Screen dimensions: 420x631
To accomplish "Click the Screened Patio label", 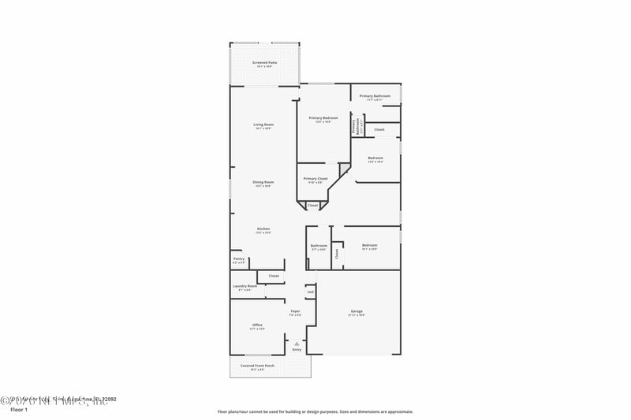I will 264,62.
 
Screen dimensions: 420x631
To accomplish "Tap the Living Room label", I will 263,125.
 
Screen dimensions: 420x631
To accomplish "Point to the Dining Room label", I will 263,182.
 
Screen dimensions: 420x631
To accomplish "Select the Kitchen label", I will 263,229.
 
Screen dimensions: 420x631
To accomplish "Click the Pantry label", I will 239,258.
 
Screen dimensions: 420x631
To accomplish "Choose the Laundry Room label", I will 245,286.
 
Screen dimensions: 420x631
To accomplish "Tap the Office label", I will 257,325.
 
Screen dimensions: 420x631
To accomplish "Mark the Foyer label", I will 295,311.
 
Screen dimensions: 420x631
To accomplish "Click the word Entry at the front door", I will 297,349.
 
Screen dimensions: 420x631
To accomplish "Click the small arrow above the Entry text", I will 297,343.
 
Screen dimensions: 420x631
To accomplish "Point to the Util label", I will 311,292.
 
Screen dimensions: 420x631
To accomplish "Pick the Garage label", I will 357,311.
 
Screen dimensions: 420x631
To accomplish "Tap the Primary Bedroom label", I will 323,118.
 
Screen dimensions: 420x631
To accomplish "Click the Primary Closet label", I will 316,179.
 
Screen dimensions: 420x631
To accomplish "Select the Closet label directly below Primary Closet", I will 313,205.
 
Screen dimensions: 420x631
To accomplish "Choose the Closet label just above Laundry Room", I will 274,276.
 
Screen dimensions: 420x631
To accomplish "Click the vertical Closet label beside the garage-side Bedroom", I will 337,254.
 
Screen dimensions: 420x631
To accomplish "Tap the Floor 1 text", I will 18,410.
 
